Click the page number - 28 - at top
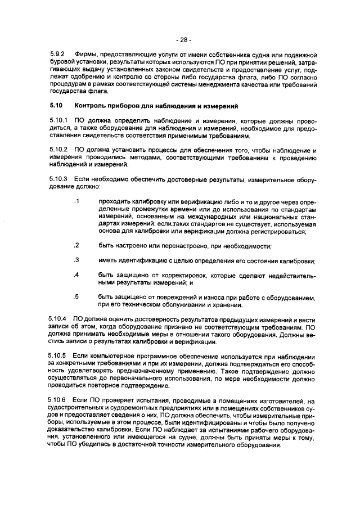pyautogui.click(x=183, y=40)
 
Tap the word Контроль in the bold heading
pyautogui.click(x=89, y=105)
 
